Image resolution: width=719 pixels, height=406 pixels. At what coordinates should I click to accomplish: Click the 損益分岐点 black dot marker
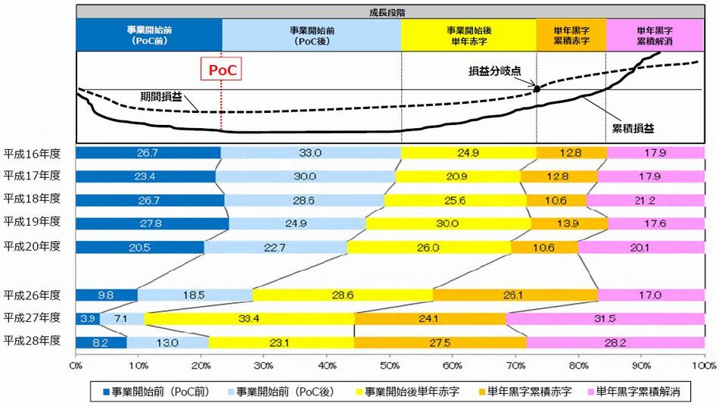(537, 88)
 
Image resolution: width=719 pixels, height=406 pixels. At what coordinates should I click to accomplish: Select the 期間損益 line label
(160, 97)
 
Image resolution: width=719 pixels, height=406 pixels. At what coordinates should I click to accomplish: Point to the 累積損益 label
(630, 130)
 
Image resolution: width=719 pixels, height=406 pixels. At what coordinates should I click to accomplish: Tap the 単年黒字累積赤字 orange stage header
(571, 34)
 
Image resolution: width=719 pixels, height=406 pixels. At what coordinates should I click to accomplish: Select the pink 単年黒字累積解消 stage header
(655, 34)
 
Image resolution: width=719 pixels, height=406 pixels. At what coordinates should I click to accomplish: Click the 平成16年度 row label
(32, 152)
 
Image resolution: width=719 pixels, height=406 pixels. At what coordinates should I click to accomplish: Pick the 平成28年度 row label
(32, 342)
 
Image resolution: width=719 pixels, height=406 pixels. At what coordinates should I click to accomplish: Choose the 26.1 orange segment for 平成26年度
(515, 295)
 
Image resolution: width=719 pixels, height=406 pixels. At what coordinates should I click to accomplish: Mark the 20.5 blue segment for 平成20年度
(139, 247)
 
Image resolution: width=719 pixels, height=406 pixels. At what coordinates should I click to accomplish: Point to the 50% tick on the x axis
(390, 365)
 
